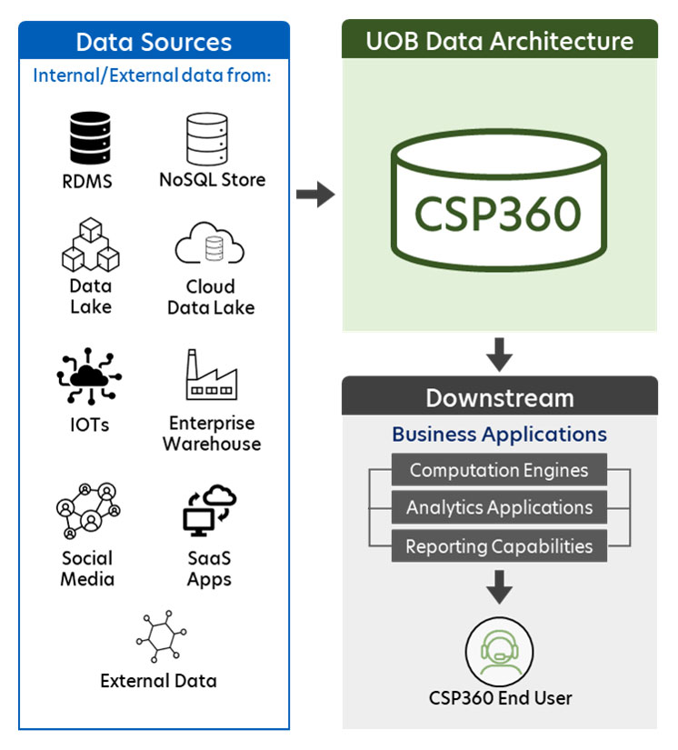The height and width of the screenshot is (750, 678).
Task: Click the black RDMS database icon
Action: (x=89, y=137)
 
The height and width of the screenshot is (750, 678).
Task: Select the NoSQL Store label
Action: (x=213, y=180)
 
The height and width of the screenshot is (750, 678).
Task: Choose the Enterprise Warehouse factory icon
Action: (x=211, y=375)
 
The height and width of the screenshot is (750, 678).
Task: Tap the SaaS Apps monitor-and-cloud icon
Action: (x=210, y=511)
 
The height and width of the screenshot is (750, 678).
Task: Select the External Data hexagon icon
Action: (x=160, y=637)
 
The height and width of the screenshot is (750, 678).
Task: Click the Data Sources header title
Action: (x=154, y=42)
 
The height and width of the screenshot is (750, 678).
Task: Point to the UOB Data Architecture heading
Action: (x=499, y=41)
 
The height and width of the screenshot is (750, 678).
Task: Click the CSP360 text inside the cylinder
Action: (x=498, y=212)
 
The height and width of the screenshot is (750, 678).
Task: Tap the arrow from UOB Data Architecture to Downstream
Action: (x=499, y=354)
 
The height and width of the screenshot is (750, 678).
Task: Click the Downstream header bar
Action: (x=499, y=398)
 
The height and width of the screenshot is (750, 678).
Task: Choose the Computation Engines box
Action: (x=499, y=470)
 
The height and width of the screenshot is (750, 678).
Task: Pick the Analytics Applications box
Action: (x=499, y=508)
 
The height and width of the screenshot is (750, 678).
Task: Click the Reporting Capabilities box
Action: (x=499, y=546)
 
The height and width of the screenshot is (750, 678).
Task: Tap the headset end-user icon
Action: (x=499, y=650)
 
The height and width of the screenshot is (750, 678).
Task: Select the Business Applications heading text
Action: (x=499, y=435)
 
